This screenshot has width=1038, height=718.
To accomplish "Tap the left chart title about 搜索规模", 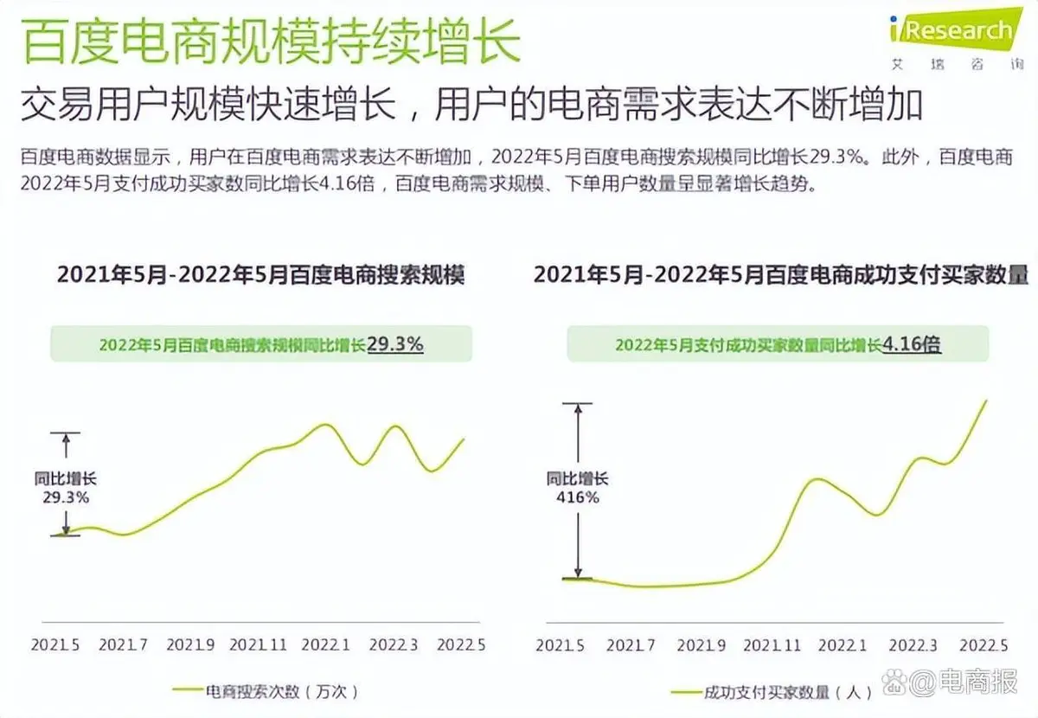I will click(x=260, y=275).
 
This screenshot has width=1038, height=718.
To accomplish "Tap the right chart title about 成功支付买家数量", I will click(x=781, y=275).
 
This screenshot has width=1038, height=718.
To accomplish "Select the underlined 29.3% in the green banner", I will click(x=395, y=343).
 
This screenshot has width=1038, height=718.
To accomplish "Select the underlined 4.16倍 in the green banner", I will click(x=912, y=343).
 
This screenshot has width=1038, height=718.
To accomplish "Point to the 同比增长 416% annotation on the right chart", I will click(x=577, y=487).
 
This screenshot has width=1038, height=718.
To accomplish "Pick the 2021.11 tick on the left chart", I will click(x=258, y=644).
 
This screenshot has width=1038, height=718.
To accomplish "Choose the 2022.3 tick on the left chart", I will click(x=394, y=644).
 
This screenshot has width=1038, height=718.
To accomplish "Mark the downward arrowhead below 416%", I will click(x=577, y=569).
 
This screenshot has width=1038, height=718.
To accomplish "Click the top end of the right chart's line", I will click(x=986, y=400).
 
